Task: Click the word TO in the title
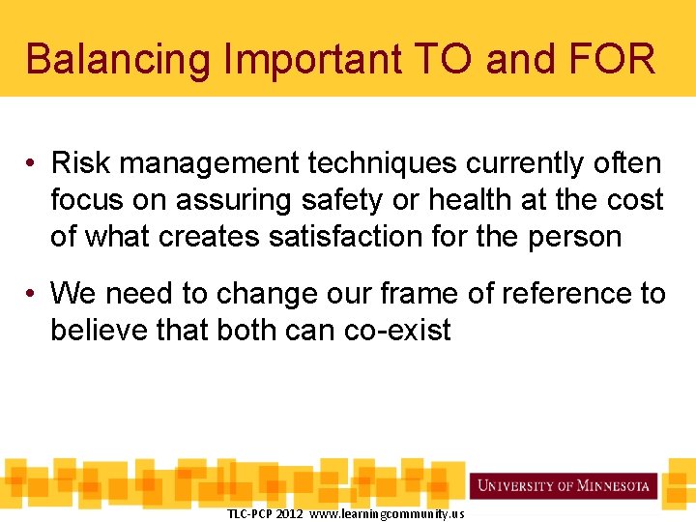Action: click(448, 59)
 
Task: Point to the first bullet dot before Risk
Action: click(32, 164)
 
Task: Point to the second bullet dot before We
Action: click(32, 294)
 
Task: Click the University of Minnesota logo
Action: click(565, 485)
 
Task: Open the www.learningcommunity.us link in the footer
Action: click(387, 513)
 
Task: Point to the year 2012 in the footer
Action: click(289, 513)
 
